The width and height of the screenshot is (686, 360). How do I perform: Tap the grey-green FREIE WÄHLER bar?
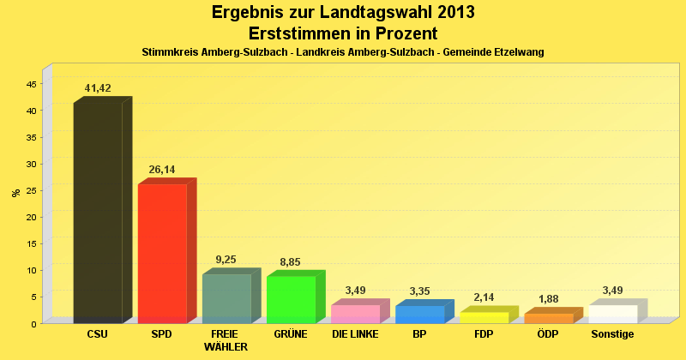coord(226,298)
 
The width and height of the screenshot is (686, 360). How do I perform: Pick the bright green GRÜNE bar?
coord(291,299)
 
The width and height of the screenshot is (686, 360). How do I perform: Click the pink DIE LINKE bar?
coord(355,314)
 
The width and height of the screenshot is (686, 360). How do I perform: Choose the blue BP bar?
coord(419,314)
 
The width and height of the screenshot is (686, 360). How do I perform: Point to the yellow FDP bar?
coord(484,317)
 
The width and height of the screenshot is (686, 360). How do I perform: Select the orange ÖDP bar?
coord(548,318)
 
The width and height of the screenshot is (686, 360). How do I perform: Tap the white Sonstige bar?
coord(612,314)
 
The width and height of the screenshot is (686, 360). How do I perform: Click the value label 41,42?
coord(98,88)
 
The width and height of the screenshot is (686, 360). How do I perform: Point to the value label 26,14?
coord(162,170)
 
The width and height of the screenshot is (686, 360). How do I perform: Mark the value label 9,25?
coord(226,260)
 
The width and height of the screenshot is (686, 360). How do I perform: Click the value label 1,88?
coord(548,299)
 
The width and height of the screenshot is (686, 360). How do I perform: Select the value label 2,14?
coord(484,297)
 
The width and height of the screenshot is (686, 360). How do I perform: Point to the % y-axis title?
coord(15,193)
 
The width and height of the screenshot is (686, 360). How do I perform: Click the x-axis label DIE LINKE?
coord(355,334)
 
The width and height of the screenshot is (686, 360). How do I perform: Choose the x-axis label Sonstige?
coord(612,334)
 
